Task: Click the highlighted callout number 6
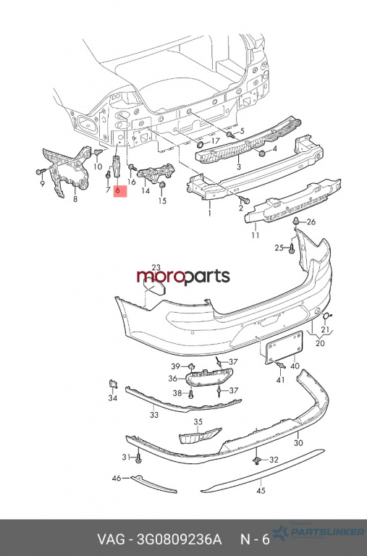(x=117, y=191)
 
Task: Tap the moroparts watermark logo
(x=183, y=277)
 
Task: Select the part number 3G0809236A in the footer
(x=179, y=539)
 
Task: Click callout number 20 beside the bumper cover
(x=320, y=343)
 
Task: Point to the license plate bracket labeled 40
(x=284, y=347)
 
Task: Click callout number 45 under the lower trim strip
(x=261, y=491)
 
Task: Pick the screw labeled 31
(x=139, y=458)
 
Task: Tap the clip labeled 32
(x=256, y=460)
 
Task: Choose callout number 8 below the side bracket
(x=75, y=199)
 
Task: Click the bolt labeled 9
(x=40, y=172)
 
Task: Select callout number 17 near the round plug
(x=215, y=140)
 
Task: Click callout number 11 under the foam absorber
(x=256, y=235)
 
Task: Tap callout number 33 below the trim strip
(x=154, y=415)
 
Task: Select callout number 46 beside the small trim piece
(x=117, y=479)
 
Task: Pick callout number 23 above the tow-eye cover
(x=156, y=268)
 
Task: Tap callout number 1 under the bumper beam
(x=210, y=213)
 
